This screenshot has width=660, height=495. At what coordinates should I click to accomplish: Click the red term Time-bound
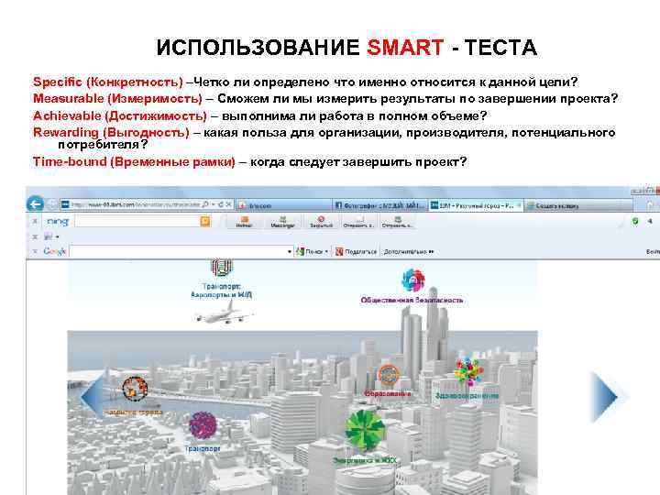coord(69,161)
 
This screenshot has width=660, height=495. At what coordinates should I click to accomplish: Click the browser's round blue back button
coord(35,204)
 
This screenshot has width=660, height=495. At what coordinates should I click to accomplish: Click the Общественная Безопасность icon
coord(412,281)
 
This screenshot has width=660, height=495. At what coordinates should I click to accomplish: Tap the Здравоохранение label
coord(467,397)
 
